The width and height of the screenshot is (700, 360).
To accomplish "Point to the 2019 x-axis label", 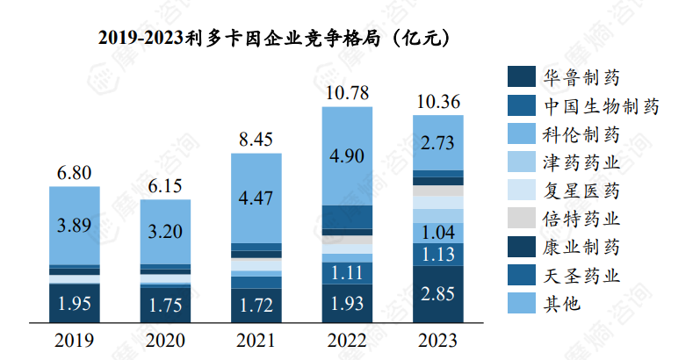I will (x=74, y=339).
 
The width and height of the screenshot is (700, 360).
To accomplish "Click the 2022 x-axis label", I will (x=347, y=339).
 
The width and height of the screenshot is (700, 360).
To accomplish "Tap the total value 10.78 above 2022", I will (x=347, y=92).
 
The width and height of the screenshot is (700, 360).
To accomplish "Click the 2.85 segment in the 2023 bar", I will (x=438, y=294).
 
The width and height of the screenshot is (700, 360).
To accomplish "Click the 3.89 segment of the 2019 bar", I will (x=74, y=226).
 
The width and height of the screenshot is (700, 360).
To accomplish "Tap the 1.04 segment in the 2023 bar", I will (x=438, y=233).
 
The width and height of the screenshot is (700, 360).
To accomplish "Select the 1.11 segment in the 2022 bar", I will (x=347, y=273).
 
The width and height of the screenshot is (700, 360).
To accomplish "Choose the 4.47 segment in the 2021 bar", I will (x=256, y=198).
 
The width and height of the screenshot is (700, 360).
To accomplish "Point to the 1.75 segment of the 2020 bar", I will (x=165, y=306).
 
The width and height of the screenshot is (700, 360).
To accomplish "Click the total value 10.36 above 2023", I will (x=438, y=102).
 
